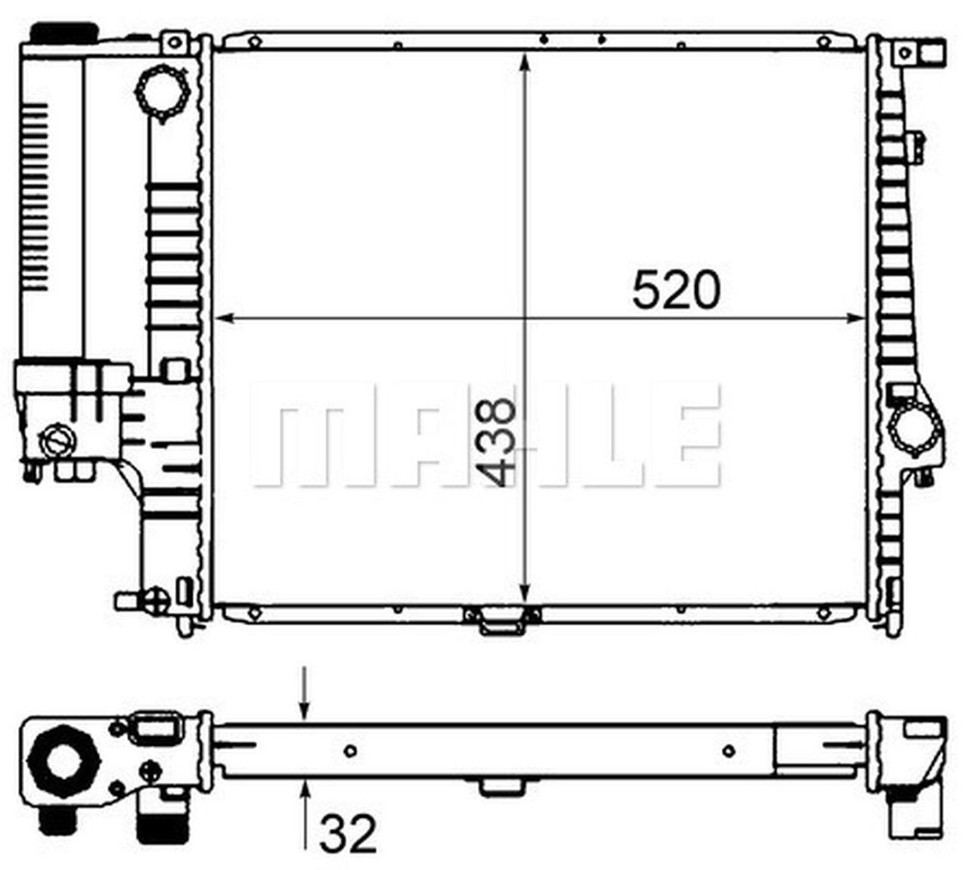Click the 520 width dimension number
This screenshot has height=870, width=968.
coord(676,291)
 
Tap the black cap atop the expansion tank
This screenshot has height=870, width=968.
coord(64,33)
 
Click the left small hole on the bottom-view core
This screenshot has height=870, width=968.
coord(349,751)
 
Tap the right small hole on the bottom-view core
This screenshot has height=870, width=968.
coord(728,751)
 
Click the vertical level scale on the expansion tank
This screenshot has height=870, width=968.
coord(36,197)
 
